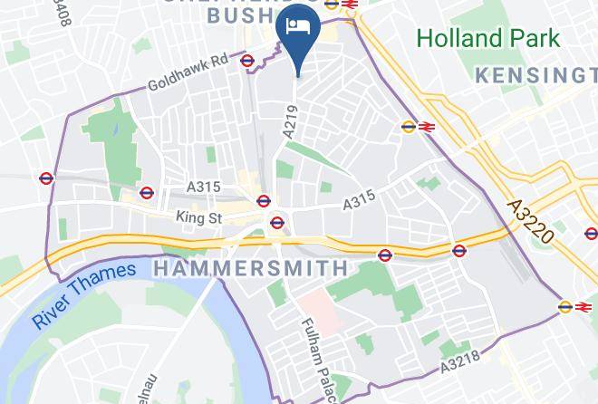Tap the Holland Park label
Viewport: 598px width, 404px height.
[x=488, y=38]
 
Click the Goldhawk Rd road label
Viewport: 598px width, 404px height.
[x=188, y=76]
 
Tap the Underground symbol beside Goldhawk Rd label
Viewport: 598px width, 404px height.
[x=246, y=60]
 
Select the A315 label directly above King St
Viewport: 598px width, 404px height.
[x=203, y=187]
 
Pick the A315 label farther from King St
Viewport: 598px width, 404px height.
[x=359, y=201]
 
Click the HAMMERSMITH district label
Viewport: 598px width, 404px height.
[x=251, y=268]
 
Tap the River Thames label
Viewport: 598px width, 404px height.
[x=83, y=294]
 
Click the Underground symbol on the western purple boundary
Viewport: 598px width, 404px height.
[x=48, y=178]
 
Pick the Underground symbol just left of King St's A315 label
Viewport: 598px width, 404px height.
[x=147, y=192]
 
